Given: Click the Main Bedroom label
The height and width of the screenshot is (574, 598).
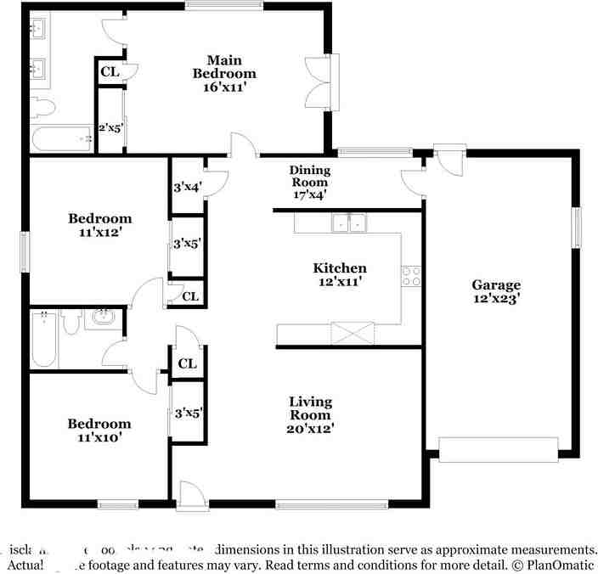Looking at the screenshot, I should [224, 73].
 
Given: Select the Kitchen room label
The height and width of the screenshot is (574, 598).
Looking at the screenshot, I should [340, 274].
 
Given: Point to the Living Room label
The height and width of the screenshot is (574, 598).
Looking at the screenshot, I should [310, 415].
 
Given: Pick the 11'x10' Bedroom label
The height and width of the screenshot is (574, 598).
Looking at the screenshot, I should [100, 430].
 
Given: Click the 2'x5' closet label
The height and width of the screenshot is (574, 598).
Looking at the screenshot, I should [110, 128].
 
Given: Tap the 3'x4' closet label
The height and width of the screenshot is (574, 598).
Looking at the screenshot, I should [186, 187].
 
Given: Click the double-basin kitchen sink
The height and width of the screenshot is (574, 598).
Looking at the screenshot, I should [349, 223].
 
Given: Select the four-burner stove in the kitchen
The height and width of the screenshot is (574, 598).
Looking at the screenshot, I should [411, 276].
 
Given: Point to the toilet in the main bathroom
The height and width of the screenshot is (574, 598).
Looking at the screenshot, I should [42, 108].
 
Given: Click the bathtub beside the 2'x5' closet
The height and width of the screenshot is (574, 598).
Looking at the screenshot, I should [61, 138].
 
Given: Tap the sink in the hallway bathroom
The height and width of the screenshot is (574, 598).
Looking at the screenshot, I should [102, 318].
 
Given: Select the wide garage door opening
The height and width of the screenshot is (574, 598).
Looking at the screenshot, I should [498, 448].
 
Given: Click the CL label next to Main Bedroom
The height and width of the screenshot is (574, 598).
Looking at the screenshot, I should [110, 72].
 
